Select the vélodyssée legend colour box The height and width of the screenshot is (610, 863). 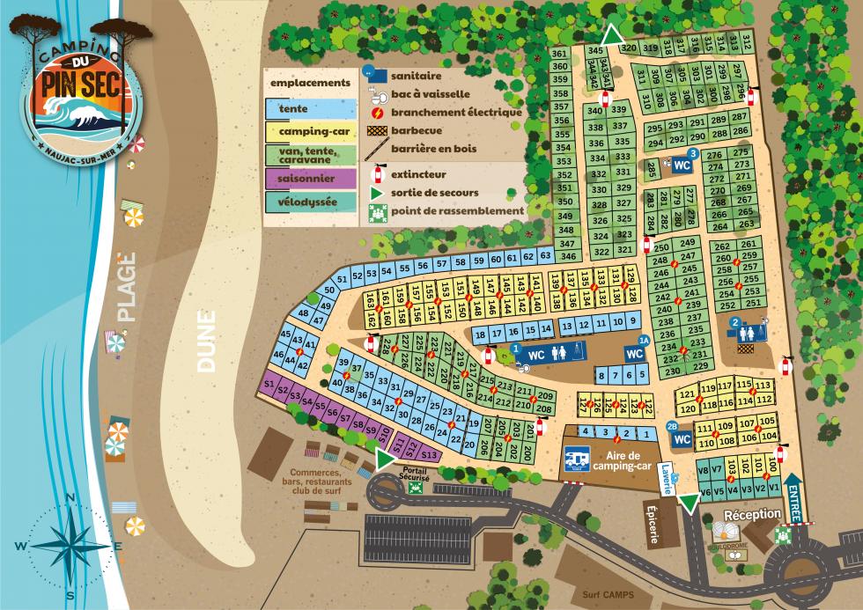pos(308,202)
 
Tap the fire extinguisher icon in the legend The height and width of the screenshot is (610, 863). pos(378,174)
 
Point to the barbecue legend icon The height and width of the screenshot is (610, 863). pos(377,130)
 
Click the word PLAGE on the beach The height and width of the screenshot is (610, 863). pos(129,286)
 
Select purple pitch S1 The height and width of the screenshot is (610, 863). pos(269,384)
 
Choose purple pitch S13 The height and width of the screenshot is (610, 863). pos(429,454)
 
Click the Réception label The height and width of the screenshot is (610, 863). pos(752,514)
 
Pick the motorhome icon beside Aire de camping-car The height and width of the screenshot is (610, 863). pos(577,459)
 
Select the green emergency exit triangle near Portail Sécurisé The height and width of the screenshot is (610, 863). pos(384,459)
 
